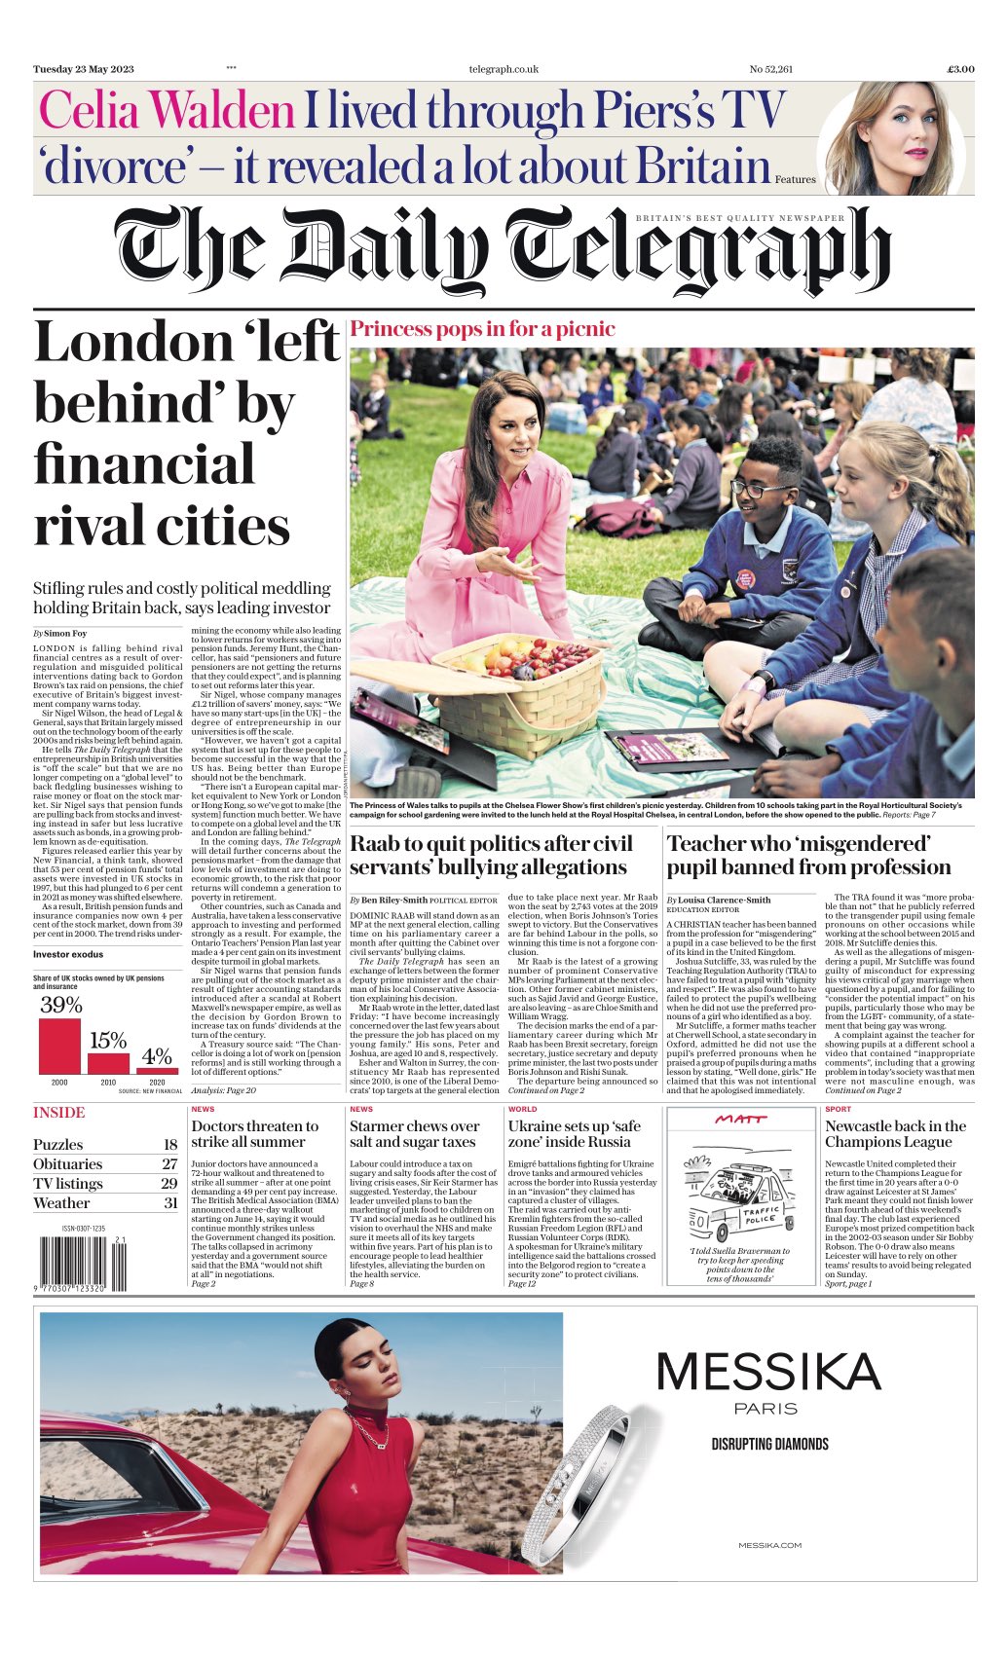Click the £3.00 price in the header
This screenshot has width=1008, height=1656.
point(960,69)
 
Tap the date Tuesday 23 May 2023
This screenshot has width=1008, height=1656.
point(84,69)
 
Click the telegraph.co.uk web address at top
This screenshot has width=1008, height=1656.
point(504,69)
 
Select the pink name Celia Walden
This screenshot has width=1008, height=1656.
point(167,111)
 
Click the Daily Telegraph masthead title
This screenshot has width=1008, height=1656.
point(503,252)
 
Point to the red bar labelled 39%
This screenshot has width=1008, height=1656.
point(59,1045)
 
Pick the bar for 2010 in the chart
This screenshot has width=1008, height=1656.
point(108,1063)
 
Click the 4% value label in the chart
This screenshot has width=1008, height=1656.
point(157,1055)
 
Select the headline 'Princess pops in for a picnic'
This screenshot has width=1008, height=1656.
point(482,328)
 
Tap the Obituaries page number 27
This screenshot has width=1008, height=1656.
point(169,1163)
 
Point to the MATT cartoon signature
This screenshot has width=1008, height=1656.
point(740,1119)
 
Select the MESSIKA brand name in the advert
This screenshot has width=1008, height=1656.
point(767,1372)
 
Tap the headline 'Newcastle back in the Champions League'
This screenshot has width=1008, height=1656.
point(895,1133)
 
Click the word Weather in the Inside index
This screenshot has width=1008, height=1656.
point(61,1202)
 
